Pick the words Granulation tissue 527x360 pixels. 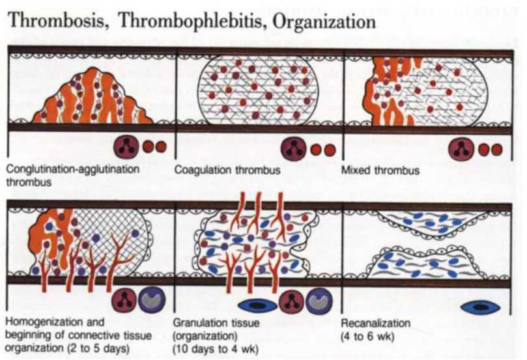(x=212, y=322)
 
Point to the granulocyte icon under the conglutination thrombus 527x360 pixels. (x=124, y=146)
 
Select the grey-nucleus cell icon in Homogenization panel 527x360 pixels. (x=154, y=301)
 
